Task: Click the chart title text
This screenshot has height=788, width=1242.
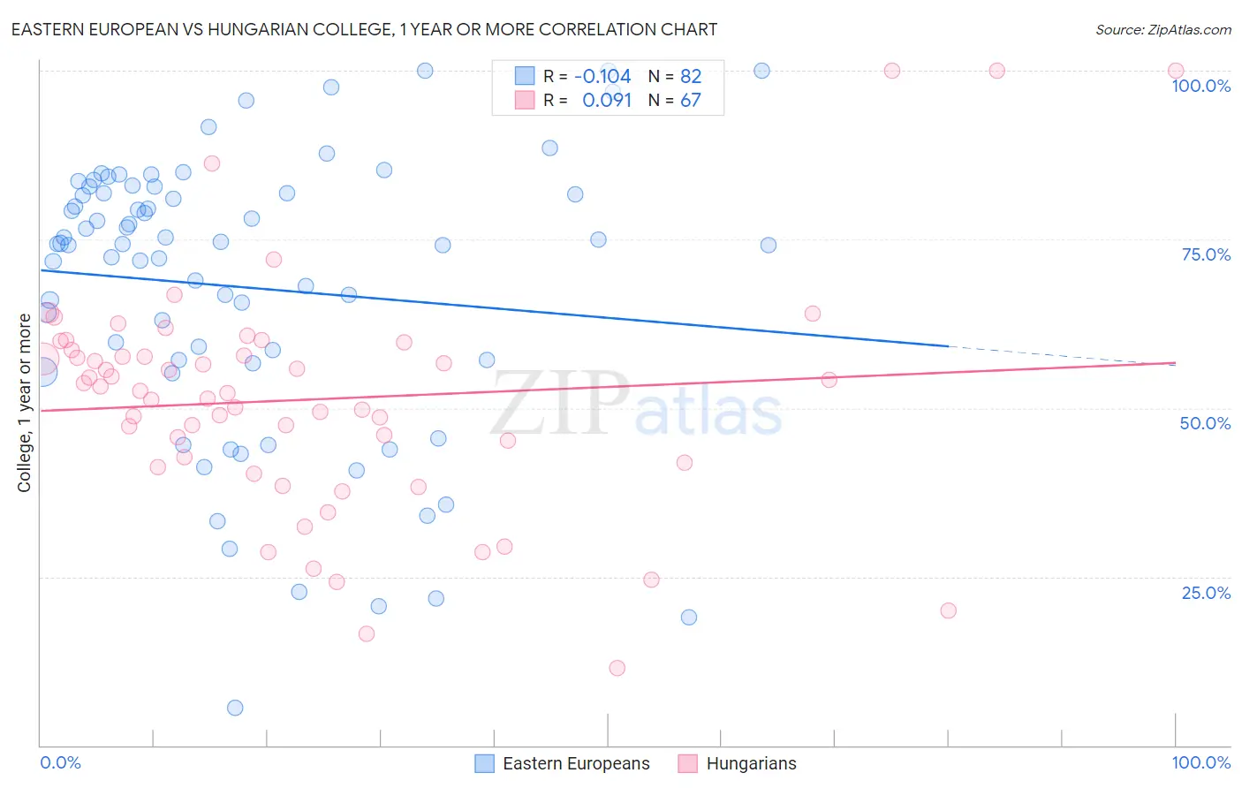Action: (x=364, y=29)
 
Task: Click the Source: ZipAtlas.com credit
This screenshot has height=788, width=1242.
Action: (x=1162, y=29)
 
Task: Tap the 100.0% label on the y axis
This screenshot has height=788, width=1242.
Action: (x=1200, y=86)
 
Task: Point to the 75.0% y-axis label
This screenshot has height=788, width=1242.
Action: (x=1206, y=254)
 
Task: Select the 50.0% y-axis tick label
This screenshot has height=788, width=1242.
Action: (x=1205, y=423)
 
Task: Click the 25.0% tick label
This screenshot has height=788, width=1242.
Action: (x=1206, y=593)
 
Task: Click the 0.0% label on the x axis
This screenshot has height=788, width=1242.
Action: (x=60, y=762)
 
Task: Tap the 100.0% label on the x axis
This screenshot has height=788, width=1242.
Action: (x=1200, y=762)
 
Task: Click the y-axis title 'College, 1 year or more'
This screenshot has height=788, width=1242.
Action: (x=25, y=403)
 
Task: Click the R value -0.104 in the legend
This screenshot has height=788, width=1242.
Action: (x=602, y=76)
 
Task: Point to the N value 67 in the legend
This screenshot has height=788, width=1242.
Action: (x=690, y=101)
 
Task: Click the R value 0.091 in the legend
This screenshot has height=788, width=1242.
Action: (x=607, y=101)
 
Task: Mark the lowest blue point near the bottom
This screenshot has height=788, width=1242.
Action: (x=235, y=708)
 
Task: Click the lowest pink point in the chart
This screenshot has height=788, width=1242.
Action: (x=617, y=668)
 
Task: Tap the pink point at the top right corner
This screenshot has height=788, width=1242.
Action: (x=1176, y=71)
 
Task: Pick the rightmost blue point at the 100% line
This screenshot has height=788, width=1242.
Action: (x=761, y=71)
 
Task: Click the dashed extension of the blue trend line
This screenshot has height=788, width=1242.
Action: (x=1060, y=355)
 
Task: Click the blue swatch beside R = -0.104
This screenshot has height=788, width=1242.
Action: (x=525, y=76)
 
